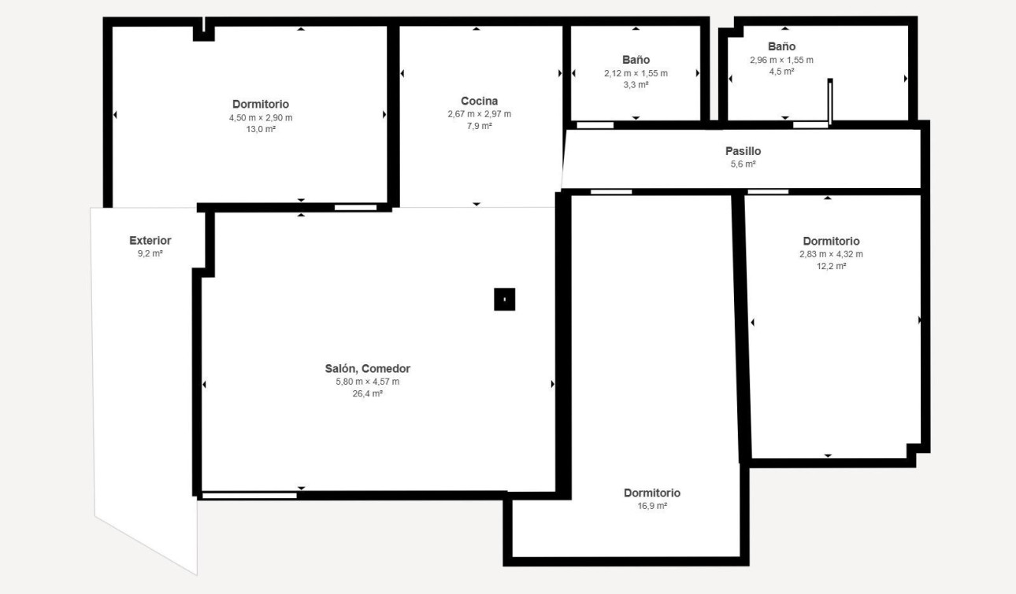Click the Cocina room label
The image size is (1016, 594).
(479, 101)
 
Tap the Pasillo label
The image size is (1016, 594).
(743, 151)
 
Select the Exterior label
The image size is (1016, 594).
(150, 241)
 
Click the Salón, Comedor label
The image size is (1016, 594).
(367, 368)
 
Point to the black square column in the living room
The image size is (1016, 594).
(504, 300)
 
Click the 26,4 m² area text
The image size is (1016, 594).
(367, 394)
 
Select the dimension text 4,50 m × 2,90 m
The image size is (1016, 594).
(261, 117)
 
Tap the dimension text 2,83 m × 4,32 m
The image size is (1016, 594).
(831, 254)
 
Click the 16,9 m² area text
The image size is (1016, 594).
(651, 506)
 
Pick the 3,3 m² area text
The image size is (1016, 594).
(636, 85)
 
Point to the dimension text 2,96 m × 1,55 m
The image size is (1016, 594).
(781, 60)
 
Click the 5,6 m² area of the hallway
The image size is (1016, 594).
(743, 164)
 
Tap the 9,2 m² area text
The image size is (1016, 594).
(150, 254)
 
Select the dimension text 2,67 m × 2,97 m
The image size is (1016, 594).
(479, 114)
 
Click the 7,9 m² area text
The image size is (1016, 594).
(479, 127)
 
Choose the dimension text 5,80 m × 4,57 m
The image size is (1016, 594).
(367, 382)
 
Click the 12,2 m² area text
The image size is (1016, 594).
(831, 267)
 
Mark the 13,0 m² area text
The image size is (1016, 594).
(261, 130)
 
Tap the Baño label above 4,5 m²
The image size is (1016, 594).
(781, 46)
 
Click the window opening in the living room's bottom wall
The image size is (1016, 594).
(249, 495)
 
